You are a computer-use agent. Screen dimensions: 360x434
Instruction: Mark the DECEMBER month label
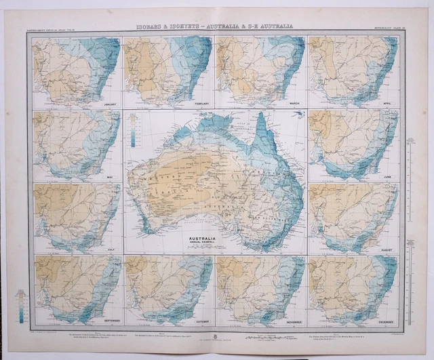pos(387,320)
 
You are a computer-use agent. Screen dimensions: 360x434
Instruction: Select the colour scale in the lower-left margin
pos(24,304)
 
